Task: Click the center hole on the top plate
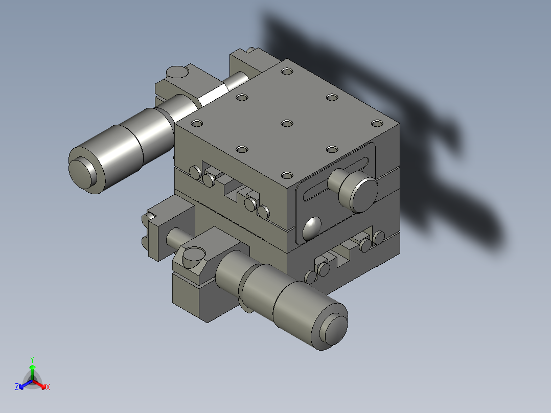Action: point(287,124)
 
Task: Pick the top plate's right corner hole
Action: point(377,123)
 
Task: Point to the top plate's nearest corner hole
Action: point(287,176)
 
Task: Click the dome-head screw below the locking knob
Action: point(312,228)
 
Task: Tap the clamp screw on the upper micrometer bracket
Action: point(177,72)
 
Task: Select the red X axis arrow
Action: point(44,385)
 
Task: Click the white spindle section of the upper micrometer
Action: point(213,95)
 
